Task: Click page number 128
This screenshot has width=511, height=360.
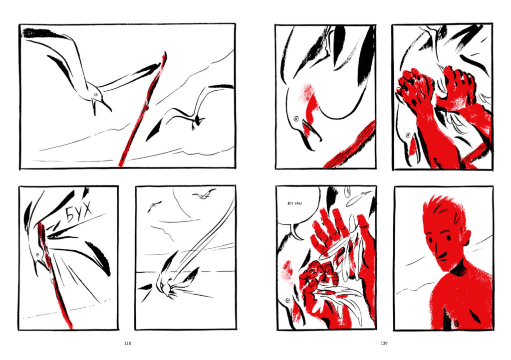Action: tap(127, 344)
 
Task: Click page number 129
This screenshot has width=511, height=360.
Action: tap(384, 344)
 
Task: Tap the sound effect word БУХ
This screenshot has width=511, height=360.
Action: tap(79, 212)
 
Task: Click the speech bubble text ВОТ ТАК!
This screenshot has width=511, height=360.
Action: tap(294, 203)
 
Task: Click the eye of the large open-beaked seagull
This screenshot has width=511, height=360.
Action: tap(96, 94)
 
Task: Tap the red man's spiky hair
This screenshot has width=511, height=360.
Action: tap(443, 208)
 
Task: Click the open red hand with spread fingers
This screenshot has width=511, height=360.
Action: tap(329, 234)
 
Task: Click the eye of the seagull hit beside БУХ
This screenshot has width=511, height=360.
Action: tap(37, 254)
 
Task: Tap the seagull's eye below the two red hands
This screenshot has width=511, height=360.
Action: tap(408, 135)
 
